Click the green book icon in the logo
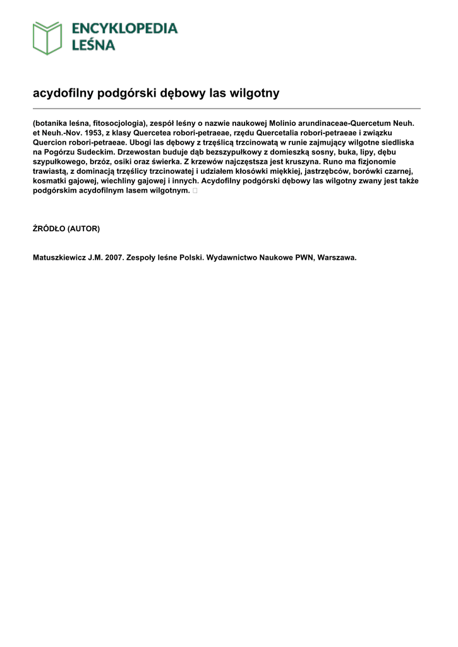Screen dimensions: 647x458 pyautogui.click(x=47, y=38)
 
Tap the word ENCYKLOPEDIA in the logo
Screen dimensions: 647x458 pyautogui.click(x=124, y=28)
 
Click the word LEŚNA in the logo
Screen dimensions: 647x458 pyautogui.click(x=93, y=45)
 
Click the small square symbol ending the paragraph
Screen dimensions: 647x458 pyautogui.click(x=195, y=190)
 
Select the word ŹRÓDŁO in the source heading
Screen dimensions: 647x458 pyautogui.click(x=49, y=229)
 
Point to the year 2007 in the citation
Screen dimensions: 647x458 pyautogui.click(x=115, y=258)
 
